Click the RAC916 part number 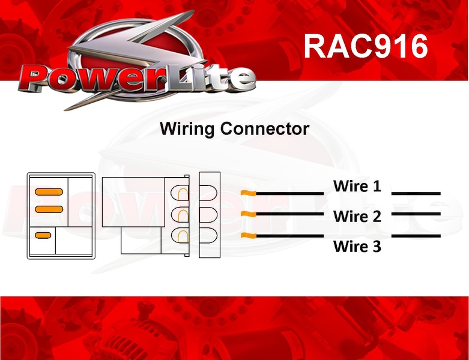[x=366, y=46]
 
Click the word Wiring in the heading [x=187, y=129]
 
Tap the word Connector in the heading [x=265, y=128]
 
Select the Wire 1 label [x=357, y=186]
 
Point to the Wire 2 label [x=357, y=216]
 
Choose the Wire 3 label [x=357, y=246]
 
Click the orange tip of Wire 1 [x=249, y=193]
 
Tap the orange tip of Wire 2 [x=249, y=214]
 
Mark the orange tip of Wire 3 [x=249, y=235]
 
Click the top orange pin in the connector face [x=49, y=192]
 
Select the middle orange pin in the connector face [x=49, y=209]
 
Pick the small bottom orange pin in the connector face [x=43, y=235]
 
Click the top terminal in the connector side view [x=180, y=193]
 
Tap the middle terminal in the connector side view [x=180, y=214]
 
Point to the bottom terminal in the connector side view [x=180, y=235]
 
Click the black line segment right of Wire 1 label [x=416, y=193]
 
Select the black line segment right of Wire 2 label [x=416, y=214]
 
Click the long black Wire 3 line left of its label [x=290, y=236]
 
